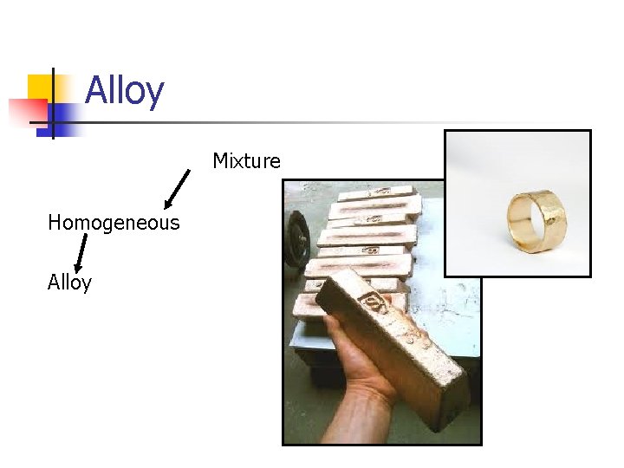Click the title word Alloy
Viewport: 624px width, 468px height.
124,90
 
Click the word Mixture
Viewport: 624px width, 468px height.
246,161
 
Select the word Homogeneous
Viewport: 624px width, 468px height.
114,223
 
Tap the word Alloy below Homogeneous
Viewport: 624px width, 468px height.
69,283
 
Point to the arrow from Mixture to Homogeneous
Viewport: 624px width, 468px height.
177,189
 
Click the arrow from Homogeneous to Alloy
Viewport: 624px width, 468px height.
81,253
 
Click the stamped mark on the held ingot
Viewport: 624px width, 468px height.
375,302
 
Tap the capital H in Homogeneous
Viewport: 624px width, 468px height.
54,223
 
